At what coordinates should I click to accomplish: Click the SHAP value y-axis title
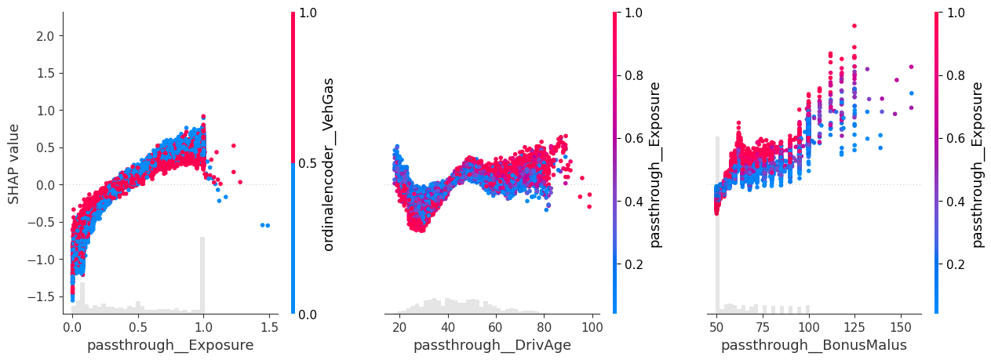[14, 162]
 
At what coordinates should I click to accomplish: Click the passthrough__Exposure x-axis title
[170, 345]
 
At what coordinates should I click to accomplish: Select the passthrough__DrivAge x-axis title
[492, 345]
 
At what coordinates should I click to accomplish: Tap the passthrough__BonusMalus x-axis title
[814, 345]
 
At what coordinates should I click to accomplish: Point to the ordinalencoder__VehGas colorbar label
[329, 163]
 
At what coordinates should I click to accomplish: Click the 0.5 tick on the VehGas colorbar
[309, 163]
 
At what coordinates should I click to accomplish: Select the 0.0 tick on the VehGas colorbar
[309, 314]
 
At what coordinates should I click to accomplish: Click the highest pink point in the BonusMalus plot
[854, 26]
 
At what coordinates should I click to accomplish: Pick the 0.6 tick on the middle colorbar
[631, 138]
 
